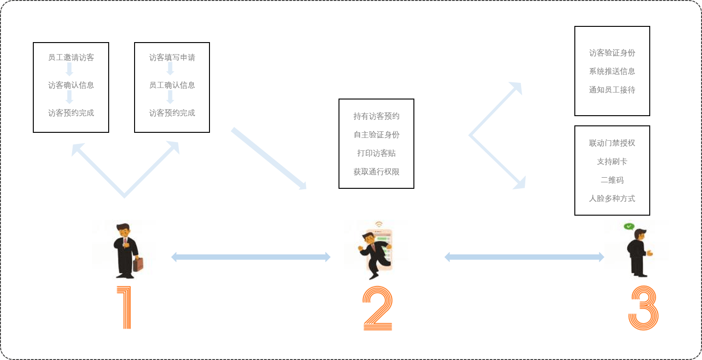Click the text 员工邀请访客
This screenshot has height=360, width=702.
pos(71,58)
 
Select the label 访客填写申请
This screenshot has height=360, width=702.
pos(172,58)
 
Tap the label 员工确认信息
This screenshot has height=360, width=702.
pos(172,86)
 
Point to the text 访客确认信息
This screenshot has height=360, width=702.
pos(71,86)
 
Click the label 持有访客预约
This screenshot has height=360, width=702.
pos(376,117)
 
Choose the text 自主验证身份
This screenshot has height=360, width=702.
pos(376,135)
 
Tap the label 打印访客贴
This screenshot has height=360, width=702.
pos(376,154)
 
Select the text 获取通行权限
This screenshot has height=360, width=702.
pos(376,172)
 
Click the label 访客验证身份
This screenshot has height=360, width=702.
pos(612,53)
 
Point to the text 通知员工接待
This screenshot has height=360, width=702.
pos(612,90)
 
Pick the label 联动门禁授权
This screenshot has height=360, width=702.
pos(612,143)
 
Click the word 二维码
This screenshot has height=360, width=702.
pos(612,180)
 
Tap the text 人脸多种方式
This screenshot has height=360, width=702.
pos(612,199)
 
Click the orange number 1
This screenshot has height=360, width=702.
pos(125,308)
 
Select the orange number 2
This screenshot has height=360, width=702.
pos(377,309)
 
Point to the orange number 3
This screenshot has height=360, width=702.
pos(643,309)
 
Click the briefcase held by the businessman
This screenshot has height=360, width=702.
pos(139,264)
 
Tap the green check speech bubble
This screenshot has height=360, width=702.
pos(628,227)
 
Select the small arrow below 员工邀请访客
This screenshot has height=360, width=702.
pos(69,70)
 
